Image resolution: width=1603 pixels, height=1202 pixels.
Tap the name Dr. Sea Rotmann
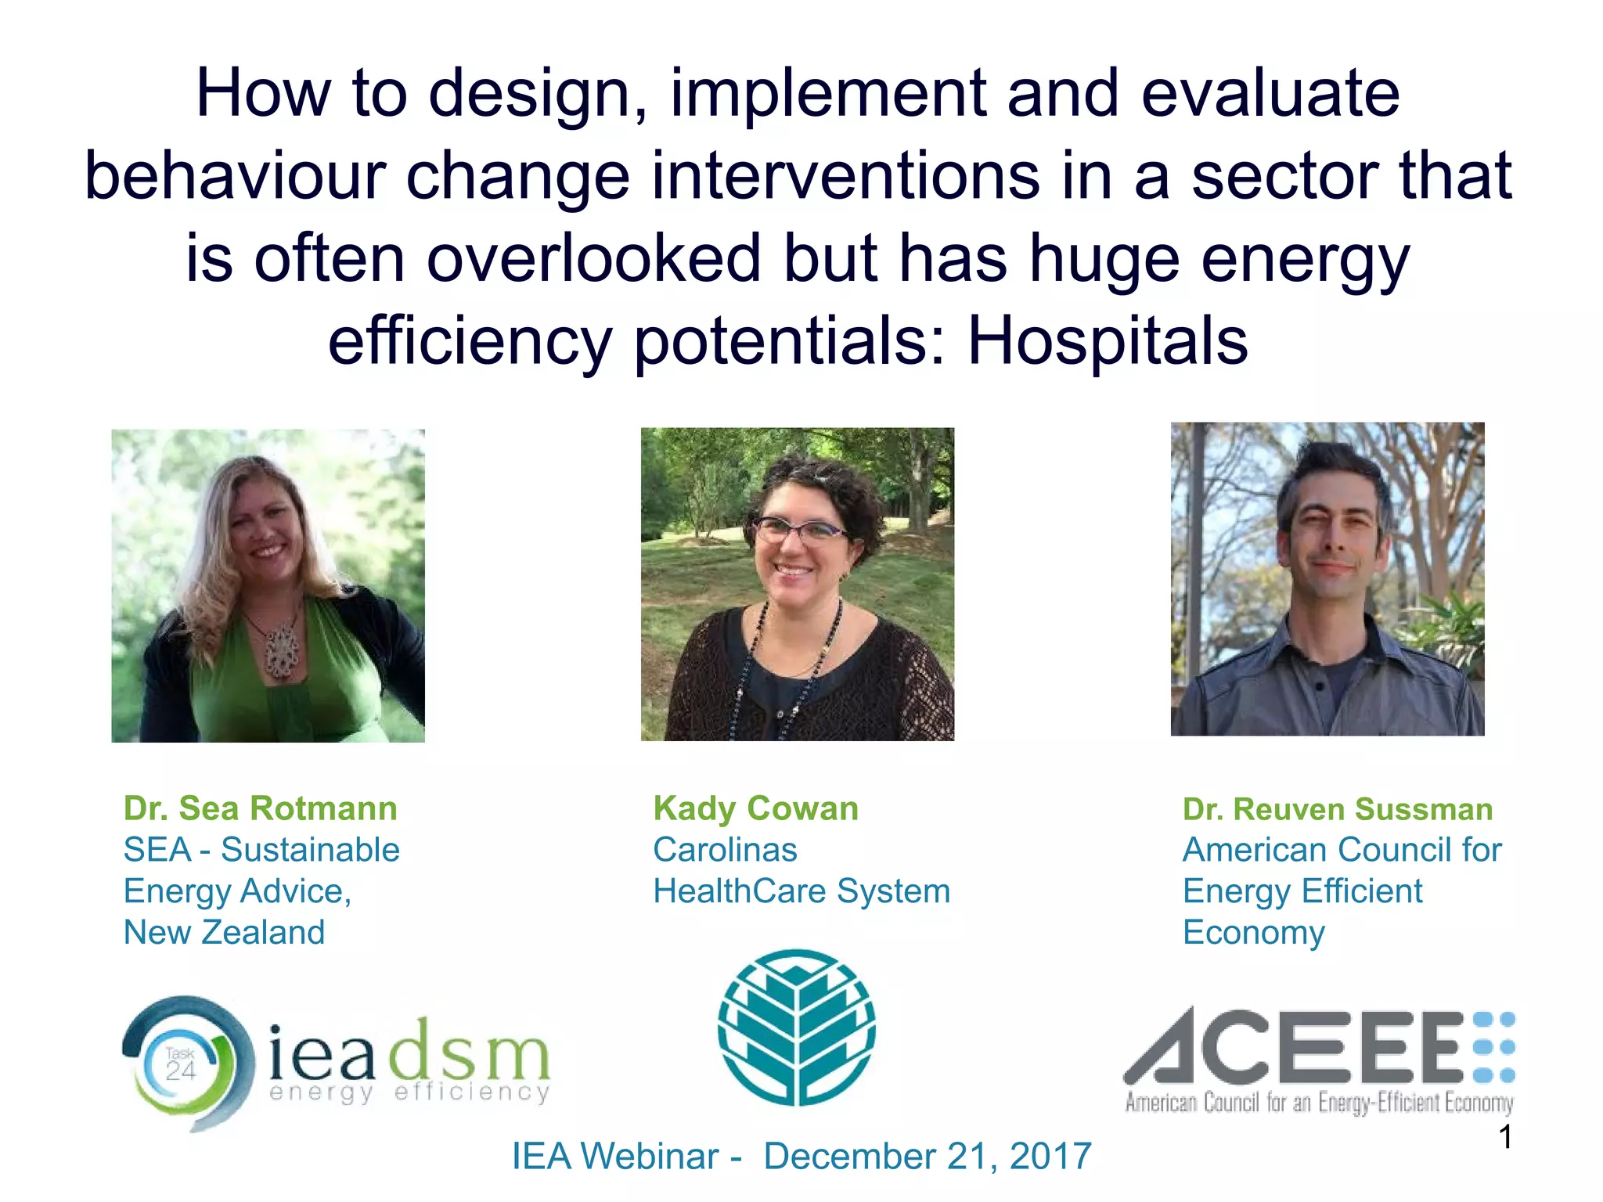pos(261,808)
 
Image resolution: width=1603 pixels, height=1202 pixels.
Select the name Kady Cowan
pos(756,808)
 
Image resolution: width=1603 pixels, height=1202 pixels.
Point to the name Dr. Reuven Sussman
pos(1338,809)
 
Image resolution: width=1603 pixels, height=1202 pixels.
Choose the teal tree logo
pos(797,1027)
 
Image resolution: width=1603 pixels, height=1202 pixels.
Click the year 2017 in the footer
pos(1050,1156)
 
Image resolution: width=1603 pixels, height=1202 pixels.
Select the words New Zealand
pos(224,932)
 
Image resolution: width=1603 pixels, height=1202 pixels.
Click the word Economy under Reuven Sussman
pos(1253,933)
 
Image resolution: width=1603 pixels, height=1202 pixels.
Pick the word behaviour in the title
pos(235,176)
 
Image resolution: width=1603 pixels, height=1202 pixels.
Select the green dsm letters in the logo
pos(470,1049)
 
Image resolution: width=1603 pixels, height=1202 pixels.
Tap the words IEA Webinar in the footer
pos(615,1156)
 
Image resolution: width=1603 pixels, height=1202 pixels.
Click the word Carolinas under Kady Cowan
pos(725,850)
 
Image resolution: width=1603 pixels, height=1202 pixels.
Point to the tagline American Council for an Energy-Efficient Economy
pos(1319,1103)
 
